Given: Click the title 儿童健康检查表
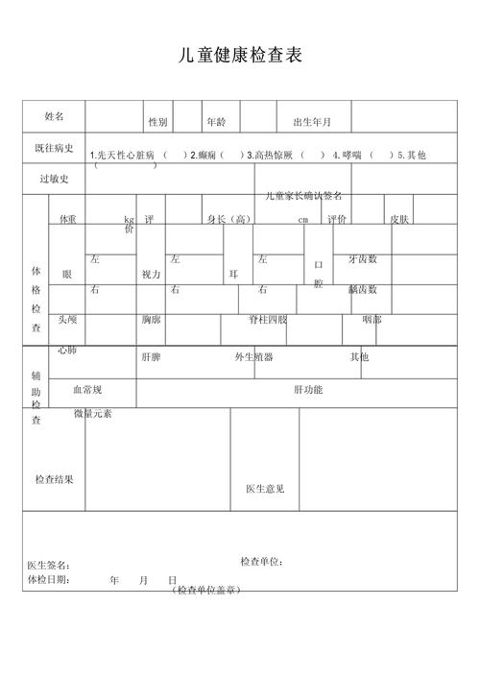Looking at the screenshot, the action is click(240, 56).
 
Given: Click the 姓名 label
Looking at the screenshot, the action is click(55, 116).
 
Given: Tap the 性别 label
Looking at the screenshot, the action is click(158, 123).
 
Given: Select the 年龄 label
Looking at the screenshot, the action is click(216, 123).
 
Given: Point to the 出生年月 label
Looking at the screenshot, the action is click(312, 123).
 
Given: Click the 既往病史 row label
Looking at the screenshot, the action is click(54, 148).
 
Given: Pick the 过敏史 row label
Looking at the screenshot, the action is click(54, 179).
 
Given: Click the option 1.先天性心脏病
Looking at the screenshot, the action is click(121, 155).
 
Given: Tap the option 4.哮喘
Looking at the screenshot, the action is click(347, 155).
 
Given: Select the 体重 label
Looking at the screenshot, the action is click(68, 220).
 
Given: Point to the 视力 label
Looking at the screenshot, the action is click(152, 275).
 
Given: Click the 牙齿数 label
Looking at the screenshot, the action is click(363, 259).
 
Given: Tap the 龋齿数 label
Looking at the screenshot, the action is click(363, 289).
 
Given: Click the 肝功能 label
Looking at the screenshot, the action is click(308, 390).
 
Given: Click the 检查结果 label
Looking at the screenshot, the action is click(54, 479).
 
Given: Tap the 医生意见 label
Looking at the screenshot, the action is click(265, 490).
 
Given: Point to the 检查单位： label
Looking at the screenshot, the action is click(262, 562).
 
